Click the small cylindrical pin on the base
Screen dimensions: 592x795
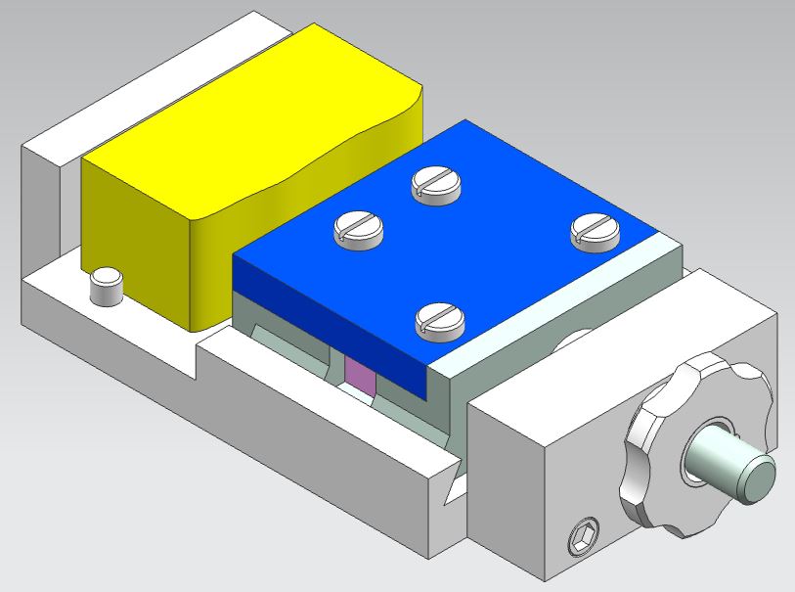[x=105, y=287]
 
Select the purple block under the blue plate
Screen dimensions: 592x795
[x=359, y=376]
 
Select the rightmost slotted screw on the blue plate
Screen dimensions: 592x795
[x=595, y=231]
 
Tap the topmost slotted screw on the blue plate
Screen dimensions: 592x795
[x=437, y=183]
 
